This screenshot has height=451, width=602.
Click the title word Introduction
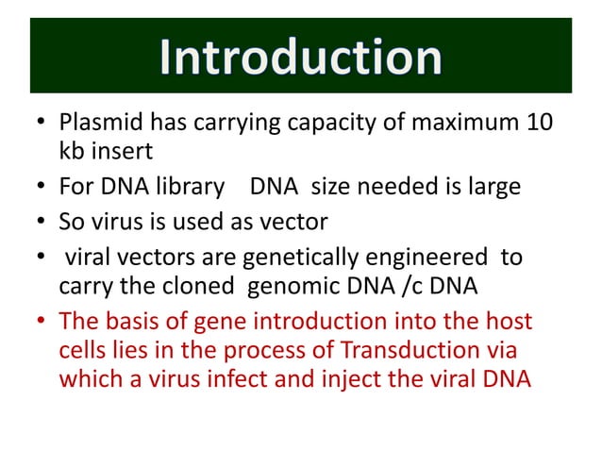coord(300,58)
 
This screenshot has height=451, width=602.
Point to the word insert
coord(121,153)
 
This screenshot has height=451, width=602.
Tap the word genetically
coord(297,258)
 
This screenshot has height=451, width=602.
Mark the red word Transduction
coord(421,349)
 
